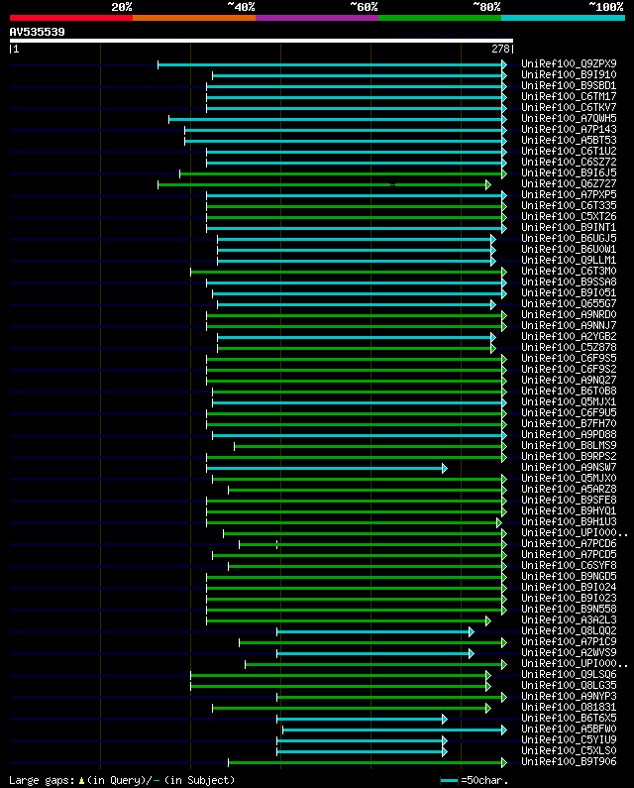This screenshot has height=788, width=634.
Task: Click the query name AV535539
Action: coord(38,32)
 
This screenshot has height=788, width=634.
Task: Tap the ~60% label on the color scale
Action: coord(364,6)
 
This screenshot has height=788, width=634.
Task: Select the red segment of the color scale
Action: coord(70,18)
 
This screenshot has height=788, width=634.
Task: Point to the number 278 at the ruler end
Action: coord(500,49)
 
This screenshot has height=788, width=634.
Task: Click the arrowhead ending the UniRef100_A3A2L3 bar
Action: coord(488,620)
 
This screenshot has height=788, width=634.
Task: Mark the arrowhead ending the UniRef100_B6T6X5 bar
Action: coord(445,719)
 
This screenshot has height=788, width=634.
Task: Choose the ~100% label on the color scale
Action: coord(605,6)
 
